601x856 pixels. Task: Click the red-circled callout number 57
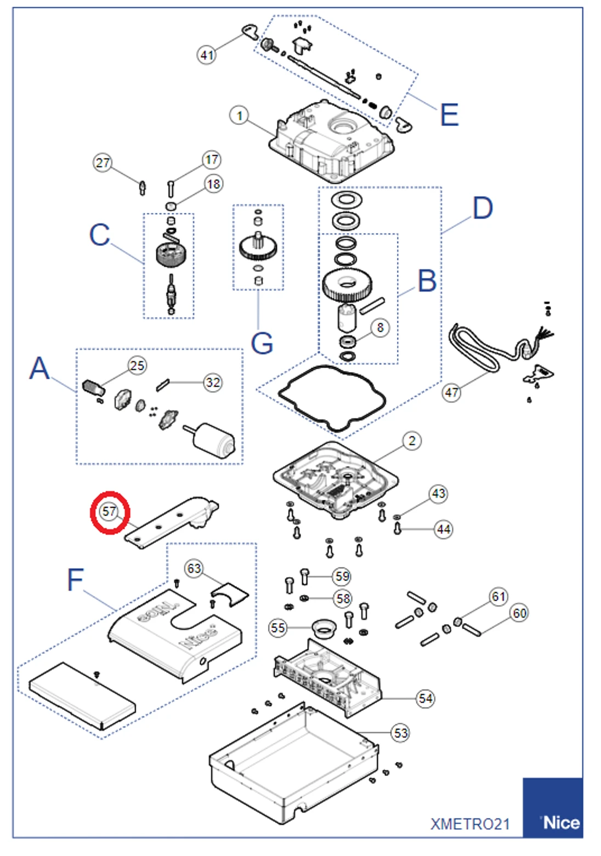click(x=110, y=512)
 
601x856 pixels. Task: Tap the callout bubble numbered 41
click(x=207, y=55)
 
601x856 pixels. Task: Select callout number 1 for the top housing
click(x=239, y=116)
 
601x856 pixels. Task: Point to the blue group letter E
click(x=449, y=115)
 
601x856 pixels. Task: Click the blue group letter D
click(x=483, y=209)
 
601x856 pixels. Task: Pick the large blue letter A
click(x=39, y=368)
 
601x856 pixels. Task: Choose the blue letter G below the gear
click(x=262, y=344)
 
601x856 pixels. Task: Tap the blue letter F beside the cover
click(x=75, y=580)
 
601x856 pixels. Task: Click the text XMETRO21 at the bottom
click(x=470, y=824)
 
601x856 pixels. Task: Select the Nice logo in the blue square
click(x=560, y=822)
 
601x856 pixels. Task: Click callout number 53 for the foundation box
click(x=401, y=733)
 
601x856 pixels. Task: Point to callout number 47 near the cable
click(x=451, y=392)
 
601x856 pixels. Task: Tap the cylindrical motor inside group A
click(x=215, y=440)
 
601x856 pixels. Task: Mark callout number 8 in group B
click(x=380, y=328)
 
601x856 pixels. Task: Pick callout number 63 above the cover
click(x=194, y=568)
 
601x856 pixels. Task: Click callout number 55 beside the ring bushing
click(x=278, y=627)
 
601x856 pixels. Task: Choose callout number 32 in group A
click(x=213, y=382)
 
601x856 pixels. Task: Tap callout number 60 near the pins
click(x=519, y=613)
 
